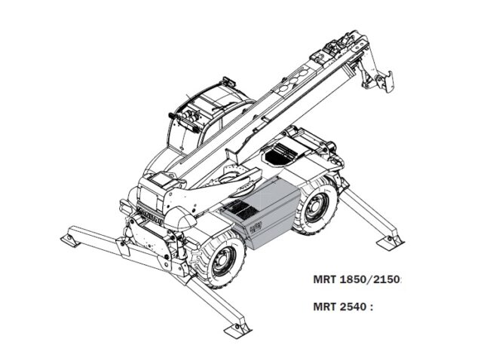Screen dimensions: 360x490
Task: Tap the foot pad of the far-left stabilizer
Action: [72, 239]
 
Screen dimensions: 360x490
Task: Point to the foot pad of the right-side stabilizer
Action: [392, 241]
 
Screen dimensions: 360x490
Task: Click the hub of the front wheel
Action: [223, 261]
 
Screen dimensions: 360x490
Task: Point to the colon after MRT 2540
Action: [372, 307]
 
